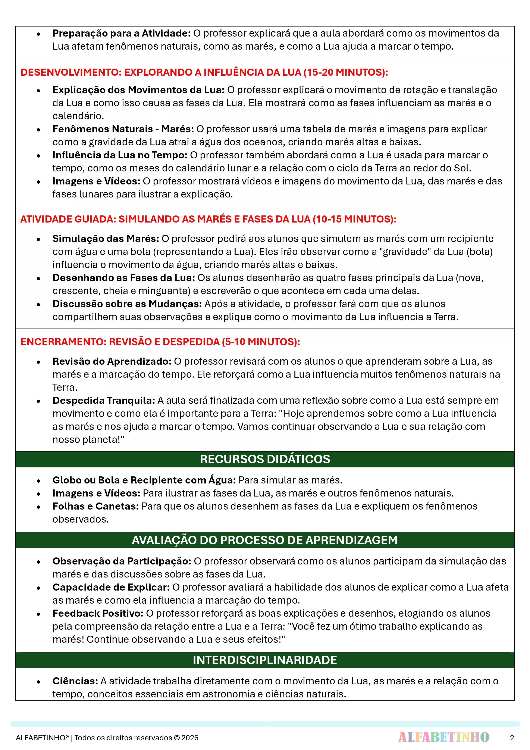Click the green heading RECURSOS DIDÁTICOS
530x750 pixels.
tap(265, 459)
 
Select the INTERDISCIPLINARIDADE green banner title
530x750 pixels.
tap(265, 660)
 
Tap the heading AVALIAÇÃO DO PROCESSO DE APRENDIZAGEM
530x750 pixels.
tap(265, 540)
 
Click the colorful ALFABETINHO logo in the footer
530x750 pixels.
tap(443, 737)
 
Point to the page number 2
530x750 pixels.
tap(512, 738)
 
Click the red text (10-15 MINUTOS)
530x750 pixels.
tap(354, 219)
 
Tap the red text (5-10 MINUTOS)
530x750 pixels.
tap(261, 342)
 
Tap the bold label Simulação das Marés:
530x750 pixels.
tap(106, 239)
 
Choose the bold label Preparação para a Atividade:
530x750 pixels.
tap(122, 33)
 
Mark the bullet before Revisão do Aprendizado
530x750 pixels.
tap(38, 362)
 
